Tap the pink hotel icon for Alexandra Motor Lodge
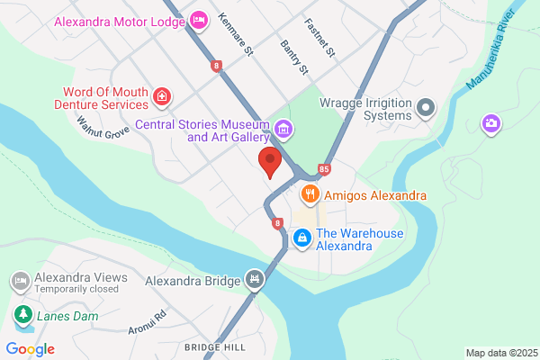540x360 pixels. pos(200,18)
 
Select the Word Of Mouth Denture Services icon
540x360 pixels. pos(161,95)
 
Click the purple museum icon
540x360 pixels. pos(284,130)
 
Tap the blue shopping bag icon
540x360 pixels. pos(302,238)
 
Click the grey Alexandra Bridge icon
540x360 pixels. pos(256,280)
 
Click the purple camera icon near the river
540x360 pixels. pos(490,122)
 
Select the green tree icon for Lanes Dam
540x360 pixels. pos(21,316)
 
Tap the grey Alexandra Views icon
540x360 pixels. pos(21,282)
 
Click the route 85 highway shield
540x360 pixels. pos(324,168)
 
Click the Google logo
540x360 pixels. pos(30,349)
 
